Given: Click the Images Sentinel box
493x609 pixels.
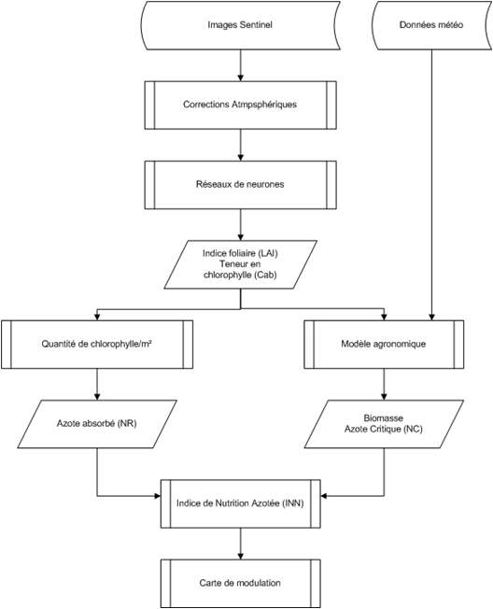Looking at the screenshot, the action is pyautogui.click(x=241, y=25).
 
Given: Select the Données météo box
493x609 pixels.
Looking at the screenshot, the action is pyautogui.click(x=432, y=25).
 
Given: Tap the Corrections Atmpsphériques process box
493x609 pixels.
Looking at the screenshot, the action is pyautogui.click(x=240, y=105).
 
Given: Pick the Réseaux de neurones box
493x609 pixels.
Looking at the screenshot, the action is pyautogui.click(x=240, y=185).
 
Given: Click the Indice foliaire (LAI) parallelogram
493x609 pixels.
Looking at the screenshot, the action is pyautogui.click(x=240, y=264).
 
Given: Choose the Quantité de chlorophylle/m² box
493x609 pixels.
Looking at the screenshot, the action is pyautogui.click(x=97, y=344).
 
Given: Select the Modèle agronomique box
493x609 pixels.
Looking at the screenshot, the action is pyautogui.click(x=384, y=344).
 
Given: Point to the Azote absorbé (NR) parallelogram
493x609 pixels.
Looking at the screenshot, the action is pyautogui.click(x=97, y=424).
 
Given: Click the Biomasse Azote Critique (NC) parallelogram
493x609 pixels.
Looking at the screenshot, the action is pyautogui.click(x=384, y=424).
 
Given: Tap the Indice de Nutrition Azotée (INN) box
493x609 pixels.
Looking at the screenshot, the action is pyautogui.click(x=241, y=503).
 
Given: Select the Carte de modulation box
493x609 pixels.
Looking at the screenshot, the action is pyautogui.click(x=241, y=584).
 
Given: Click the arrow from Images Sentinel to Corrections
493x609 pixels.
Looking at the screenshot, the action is pyautogui.click(x=240, y=65).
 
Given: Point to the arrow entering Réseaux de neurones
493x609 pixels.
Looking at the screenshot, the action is pyautogui.click(x=240, y=146).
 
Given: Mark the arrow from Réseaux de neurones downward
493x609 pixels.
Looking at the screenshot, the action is pyautogui.click(x=240, y=225).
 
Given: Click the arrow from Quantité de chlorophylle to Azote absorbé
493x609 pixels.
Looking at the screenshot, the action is pyautogui.click(x=97, y=385).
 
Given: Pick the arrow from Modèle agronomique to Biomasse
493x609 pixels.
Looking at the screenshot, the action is pyautogui.click(x=384, y=385).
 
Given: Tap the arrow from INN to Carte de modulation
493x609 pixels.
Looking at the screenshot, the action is pyautogui.click(x=240, y=544).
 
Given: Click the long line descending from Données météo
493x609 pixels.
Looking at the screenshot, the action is pyautogui.click(x=431, y=185).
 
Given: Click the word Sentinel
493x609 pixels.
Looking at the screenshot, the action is pyautogui.click(x=256, y=25).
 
